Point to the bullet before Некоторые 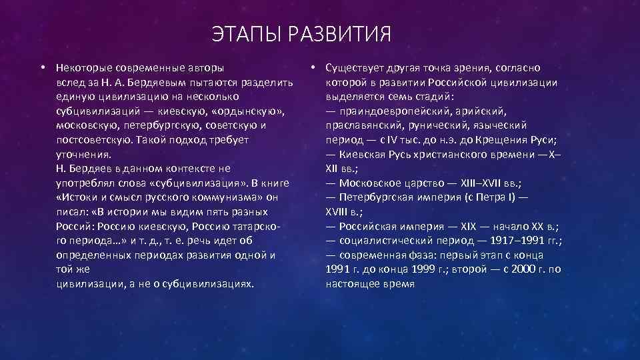[41, 68]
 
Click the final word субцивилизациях [212, 284]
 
